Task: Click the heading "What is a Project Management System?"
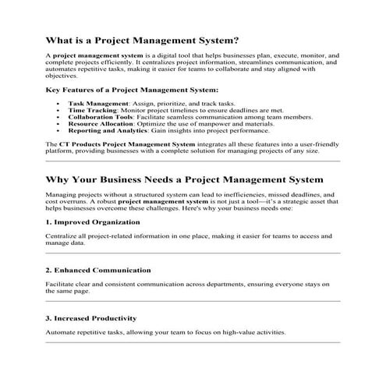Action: [143, 40]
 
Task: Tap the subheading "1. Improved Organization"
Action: [93, 222]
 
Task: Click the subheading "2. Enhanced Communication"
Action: [99, 270]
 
